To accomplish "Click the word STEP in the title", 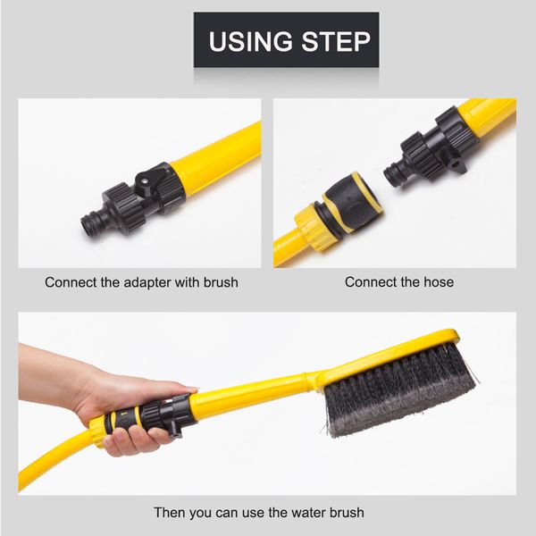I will pos(336,41).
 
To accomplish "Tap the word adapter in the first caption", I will pos(152,282).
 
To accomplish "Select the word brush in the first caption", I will pos(221,282).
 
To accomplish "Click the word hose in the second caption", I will pos(437,282).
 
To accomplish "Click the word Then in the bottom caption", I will pos(171,513).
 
